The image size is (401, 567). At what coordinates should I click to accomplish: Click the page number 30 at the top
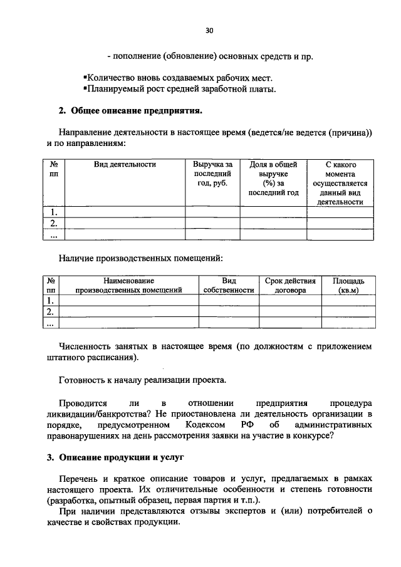pyautogui.click(x=209, y=30)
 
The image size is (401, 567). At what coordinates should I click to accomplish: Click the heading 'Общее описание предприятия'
pyautogui.click(x=133, y=112)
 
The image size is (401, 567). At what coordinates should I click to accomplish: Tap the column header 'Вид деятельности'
pyautogui.click(x=125, y=164)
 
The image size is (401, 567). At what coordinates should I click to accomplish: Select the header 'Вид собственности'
pyautogui.click(x=229, y=286)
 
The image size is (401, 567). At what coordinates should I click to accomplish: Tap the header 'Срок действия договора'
pyautogui.click(x=290, y=286)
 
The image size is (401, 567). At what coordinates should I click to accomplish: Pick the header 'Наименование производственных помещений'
pyautogui.click(x=128, y=286)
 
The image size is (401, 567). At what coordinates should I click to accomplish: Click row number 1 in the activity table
pyautogui.click(x=54, y=212)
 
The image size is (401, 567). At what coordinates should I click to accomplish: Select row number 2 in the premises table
pyautogui.click(x=51, y=311)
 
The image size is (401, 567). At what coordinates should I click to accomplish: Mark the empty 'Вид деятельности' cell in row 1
pyautogui.click(x=125, y=212)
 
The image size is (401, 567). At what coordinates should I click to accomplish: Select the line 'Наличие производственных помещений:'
pyautogui.click(x=140, y=257)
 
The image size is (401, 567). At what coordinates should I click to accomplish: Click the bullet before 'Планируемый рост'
pyautogui.click(x=85, y=88)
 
